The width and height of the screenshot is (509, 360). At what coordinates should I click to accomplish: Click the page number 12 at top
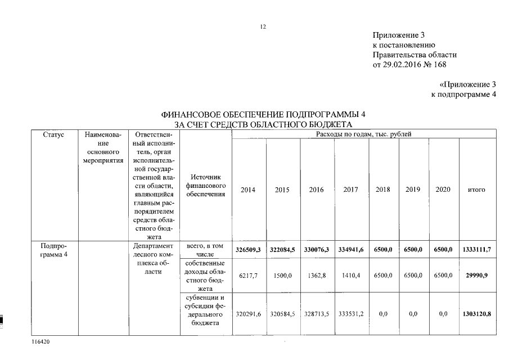coord(263,26)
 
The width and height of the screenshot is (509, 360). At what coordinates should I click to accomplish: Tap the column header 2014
coord(248,190)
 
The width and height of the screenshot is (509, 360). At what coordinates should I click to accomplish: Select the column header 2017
coord(350,190)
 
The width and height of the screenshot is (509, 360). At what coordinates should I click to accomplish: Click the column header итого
coord(476,190)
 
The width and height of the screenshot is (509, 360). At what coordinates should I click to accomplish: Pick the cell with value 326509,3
coord(248,249)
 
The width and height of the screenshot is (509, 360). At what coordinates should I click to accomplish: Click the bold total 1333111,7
coord(476,249)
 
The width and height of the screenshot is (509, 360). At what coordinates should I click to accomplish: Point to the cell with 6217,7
coord(248,276)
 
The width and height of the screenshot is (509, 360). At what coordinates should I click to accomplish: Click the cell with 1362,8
coord(317,276)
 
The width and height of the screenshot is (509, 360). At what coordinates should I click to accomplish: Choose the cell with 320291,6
coord(248,313)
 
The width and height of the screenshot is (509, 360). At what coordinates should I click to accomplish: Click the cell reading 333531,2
coord(350,313)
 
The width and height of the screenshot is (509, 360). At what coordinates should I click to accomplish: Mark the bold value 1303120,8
coord(476,313)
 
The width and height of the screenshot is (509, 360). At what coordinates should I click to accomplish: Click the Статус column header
coord(53,135)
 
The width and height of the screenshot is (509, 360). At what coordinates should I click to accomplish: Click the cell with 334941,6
coord(350,249)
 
